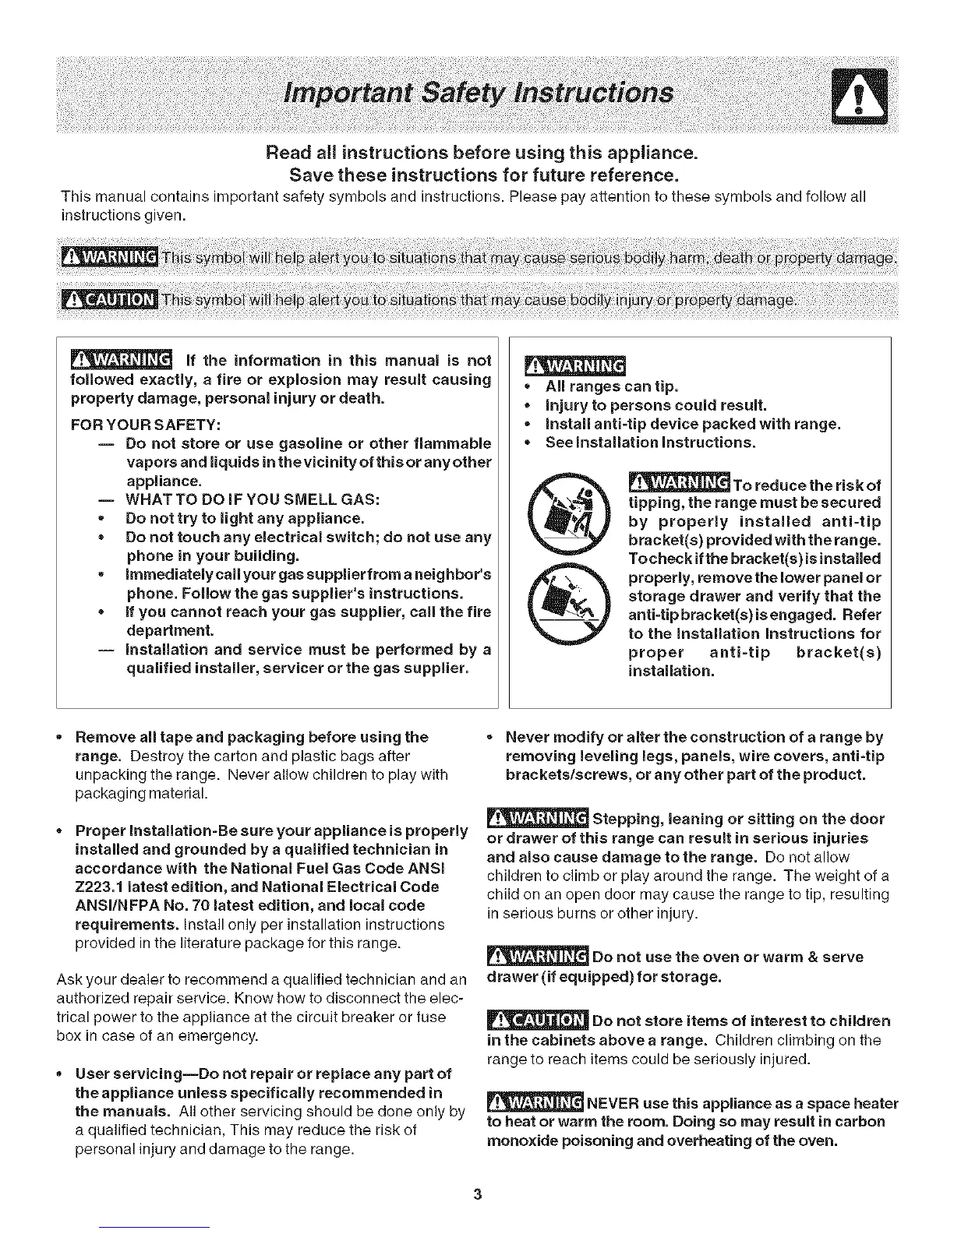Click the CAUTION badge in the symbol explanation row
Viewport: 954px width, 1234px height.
(x=109, y=298)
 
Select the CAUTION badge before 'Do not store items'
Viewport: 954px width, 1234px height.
(x=536, y=1021)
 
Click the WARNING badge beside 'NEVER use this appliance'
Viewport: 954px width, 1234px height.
(x=534, y=1102)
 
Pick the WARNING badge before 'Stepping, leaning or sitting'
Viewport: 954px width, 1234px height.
(x=536, y=818)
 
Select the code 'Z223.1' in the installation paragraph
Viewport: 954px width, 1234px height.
(x=101, y=887)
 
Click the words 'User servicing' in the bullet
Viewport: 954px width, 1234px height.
(x=127, y=1074)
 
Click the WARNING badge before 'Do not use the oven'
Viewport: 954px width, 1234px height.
(x=536, y=956)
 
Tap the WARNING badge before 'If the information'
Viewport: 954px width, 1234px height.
(x=121, y=359)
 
